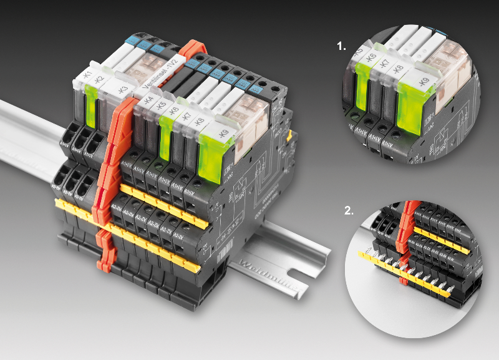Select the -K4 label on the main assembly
click(147, 99)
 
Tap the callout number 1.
click(340, 46)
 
